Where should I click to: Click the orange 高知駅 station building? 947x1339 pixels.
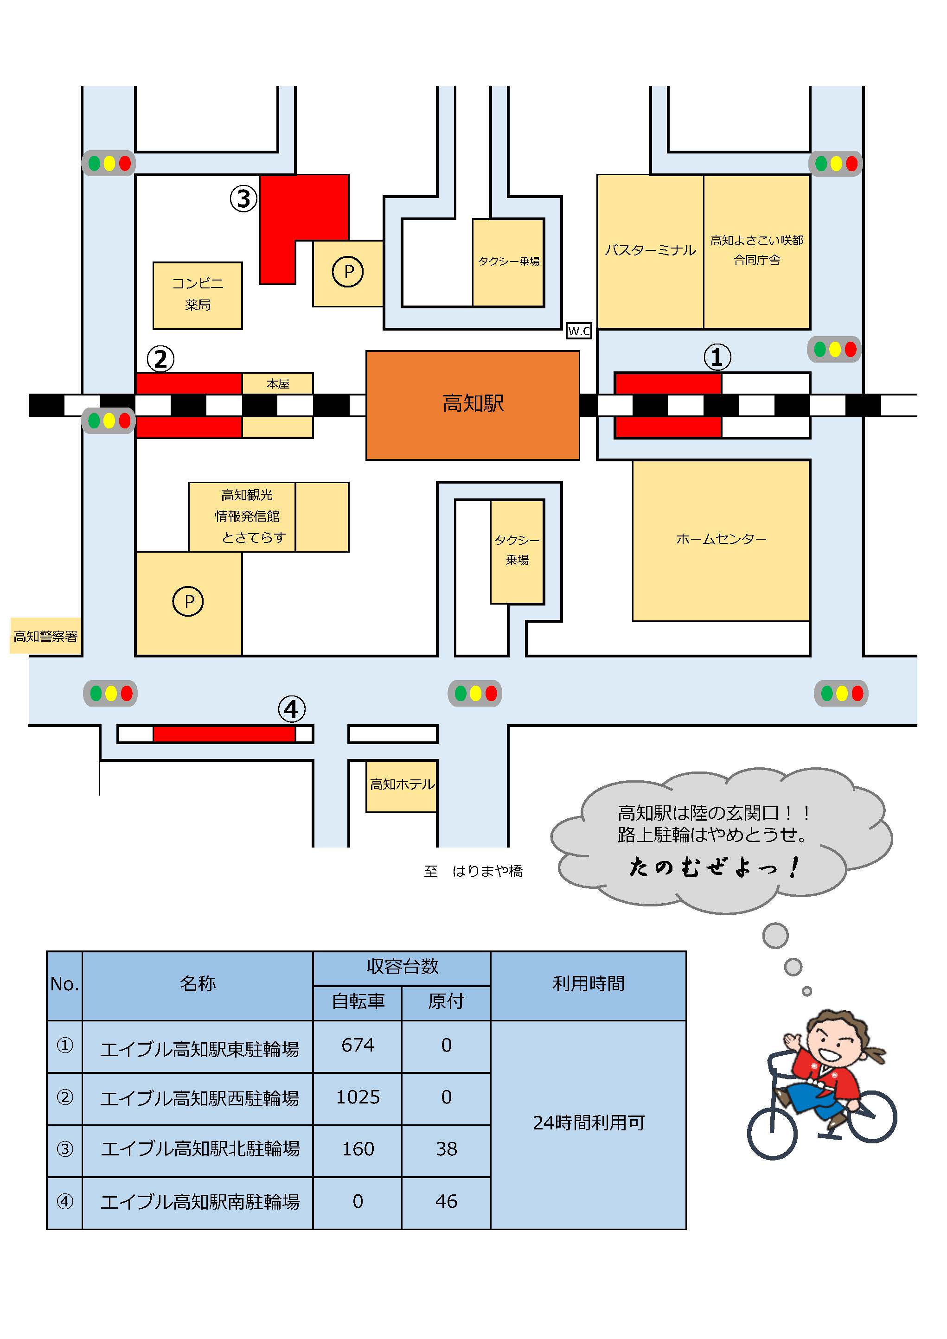(x=472, y=405)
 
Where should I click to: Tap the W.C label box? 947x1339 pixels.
(x=579, y=331)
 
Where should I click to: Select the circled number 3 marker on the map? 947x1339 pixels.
(x=243, y=198)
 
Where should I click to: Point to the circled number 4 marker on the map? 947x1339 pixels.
(x=291, y=709)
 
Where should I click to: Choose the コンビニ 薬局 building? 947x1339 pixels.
(x=197, y=295)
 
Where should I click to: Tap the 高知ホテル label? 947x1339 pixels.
(x=402, y=784)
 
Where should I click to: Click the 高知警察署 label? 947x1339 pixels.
(x=45, y=636)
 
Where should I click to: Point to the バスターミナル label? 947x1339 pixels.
(x=650, y=251)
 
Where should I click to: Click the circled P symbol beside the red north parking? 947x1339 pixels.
(x=348, y=271)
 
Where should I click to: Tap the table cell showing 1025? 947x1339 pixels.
(x=358, y=1097)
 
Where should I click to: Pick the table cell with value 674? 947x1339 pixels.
(x=358, y=1045)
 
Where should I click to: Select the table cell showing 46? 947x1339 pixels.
(x=446, y=1201)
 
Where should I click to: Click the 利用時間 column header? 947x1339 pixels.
(x=588, y=984)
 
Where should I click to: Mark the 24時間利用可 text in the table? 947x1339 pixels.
(x=588, y=1122)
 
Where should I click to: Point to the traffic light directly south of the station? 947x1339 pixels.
(x=475, y=694)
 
